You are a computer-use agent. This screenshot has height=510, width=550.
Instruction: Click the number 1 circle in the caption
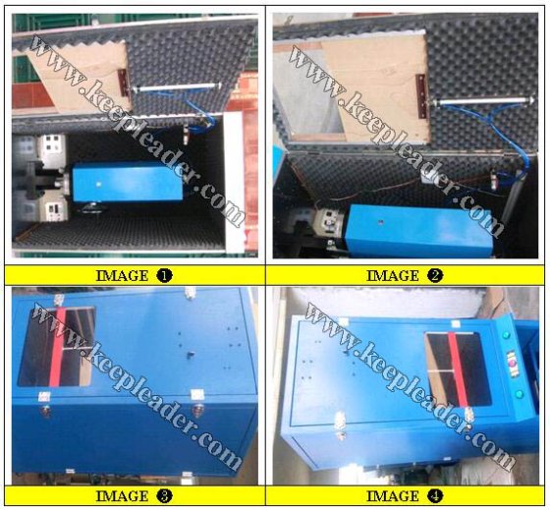pos(164,275)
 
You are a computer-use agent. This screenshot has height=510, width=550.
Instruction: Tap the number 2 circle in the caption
pos(435,275)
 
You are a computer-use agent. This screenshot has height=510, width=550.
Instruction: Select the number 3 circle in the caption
pos(164,496)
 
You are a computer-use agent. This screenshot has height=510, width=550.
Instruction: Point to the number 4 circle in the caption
pos(435,496)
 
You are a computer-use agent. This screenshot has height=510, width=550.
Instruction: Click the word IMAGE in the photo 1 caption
pos(122,276)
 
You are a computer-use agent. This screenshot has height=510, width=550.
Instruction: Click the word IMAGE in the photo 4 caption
pos(393,496)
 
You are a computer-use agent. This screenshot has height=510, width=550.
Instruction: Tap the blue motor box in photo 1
pos(128,183)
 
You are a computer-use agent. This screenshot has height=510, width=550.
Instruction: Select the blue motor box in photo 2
pos(419,226)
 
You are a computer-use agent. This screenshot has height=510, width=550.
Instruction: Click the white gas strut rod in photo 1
pos(177,87)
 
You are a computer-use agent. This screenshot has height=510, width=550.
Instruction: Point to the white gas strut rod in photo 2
pos(483,102)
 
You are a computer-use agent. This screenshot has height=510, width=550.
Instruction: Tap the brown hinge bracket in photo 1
pos(123,83)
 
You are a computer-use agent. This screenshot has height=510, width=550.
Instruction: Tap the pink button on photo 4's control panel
pos(512,363)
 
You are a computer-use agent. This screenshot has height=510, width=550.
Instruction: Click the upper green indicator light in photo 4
pos(507,335)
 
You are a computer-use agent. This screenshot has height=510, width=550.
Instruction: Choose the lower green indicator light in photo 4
pos(519,394)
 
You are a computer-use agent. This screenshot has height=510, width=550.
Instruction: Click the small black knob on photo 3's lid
pos(191,354)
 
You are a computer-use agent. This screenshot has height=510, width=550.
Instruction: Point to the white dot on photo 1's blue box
pos(99,183)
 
